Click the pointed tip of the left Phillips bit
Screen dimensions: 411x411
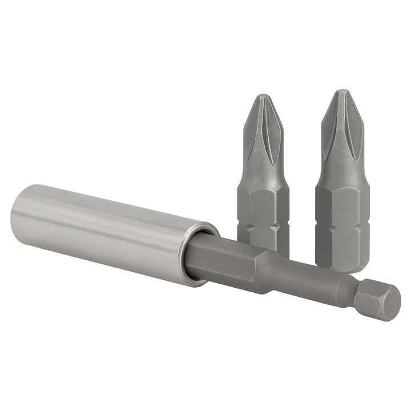pos(262,96)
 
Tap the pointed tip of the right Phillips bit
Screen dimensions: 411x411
pos(341,92)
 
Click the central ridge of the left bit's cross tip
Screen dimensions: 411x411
pos(262,131)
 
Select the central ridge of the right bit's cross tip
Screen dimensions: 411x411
pos(341,128)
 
